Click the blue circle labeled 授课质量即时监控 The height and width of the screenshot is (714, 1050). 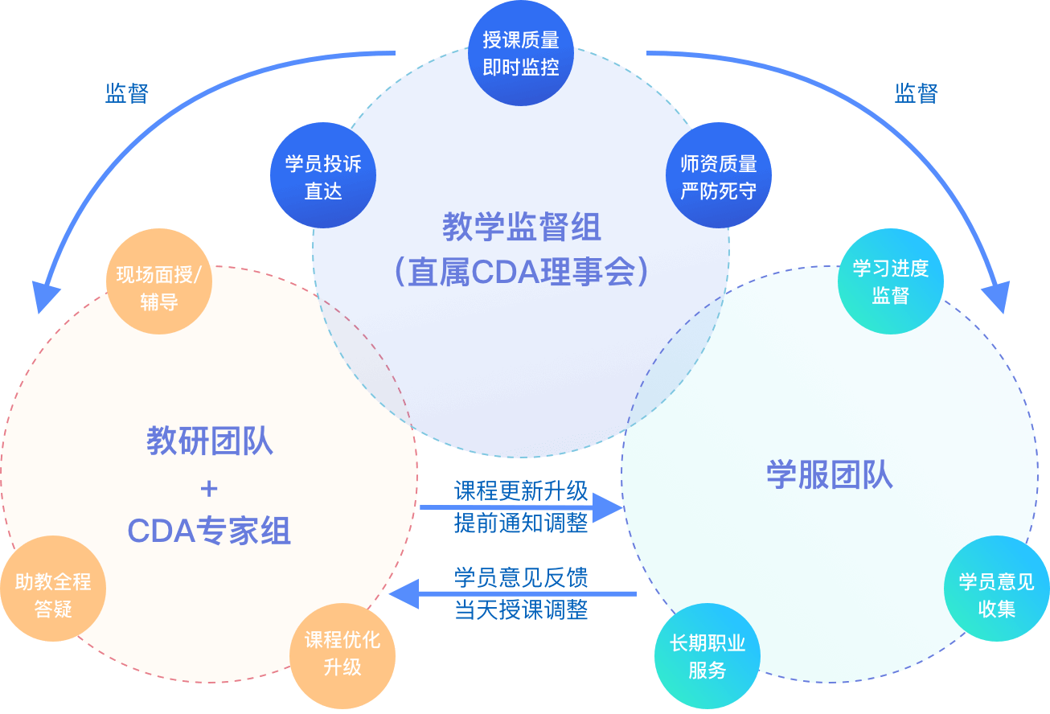521,53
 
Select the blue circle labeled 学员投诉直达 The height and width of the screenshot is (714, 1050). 323,175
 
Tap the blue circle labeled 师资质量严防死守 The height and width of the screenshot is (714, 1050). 719,175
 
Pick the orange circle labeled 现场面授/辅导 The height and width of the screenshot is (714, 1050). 159,281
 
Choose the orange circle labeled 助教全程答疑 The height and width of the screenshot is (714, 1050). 53,589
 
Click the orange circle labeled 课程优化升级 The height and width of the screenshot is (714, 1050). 342,656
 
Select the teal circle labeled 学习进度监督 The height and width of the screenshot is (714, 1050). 891,281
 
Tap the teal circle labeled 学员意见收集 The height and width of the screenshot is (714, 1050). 997,589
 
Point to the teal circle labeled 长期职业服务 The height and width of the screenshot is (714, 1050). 708,656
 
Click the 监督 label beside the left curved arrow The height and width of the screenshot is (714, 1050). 126,93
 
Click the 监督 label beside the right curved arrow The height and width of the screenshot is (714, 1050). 916,93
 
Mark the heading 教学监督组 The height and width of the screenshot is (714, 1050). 522,227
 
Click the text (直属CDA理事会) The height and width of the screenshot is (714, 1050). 521,272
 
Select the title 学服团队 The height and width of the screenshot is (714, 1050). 830,475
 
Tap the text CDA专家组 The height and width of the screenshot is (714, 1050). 209,531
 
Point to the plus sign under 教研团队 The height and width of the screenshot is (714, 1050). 209,489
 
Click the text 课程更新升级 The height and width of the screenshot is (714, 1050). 521,490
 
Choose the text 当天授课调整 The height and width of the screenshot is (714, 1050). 521,610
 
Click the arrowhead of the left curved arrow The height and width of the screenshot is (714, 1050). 46,296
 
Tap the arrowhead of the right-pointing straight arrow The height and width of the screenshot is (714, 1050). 608,507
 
